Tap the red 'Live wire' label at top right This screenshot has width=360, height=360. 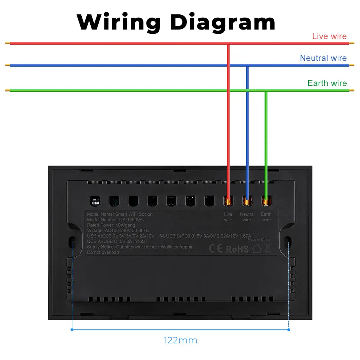[x=329, y=36]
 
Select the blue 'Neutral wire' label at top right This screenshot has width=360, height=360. [x=323, y=58]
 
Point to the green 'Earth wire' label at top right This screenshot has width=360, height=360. [x=327, y=83]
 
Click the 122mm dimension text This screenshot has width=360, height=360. [x=180, y=340]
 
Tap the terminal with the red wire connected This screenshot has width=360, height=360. [x=228, y=201]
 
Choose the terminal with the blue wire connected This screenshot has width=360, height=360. [x=247, y=201]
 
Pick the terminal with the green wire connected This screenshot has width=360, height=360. [x=266, y=201]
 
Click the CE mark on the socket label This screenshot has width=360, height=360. [x=216, y=248]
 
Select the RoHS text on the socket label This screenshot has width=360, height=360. [x=237, y=249]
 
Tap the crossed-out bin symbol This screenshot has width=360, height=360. [x=267, y=248]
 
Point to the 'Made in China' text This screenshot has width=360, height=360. [x=259, y=239]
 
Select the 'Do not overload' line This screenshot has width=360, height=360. [x=103, y=252]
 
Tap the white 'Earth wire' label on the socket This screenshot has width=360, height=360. [x=266, y=217]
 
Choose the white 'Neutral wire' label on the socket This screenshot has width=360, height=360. [x=247, y=217]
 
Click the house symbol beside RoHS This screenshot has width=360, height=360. [x=256, y=248]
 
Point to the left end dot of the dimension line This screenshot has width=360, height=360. [x=72, y=329]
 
